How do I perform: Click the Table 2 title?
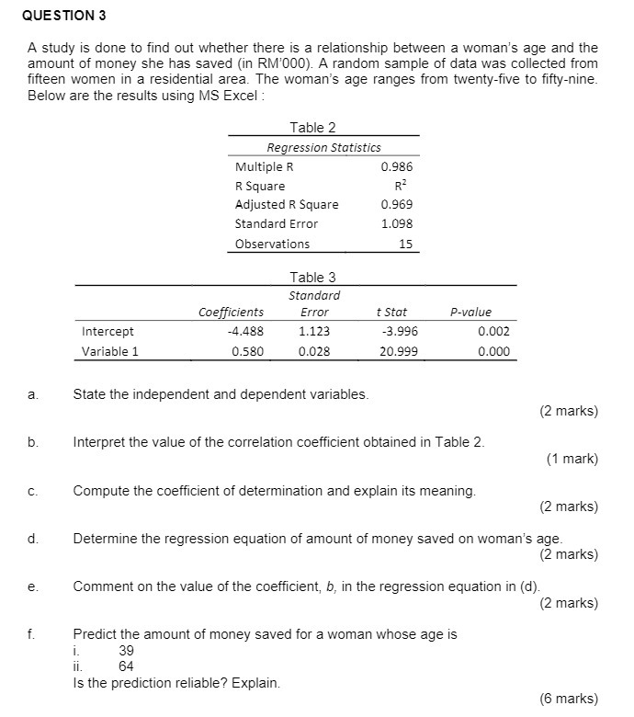(x=312, y=128)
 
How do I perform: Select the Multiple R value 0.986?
(x=396, y=167)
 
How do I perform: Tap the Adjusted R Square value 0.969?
(x=396, y=205)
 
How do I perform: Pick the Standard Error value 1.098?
(x=396, y=224)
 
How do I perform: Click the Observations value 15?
(x=405, y=244)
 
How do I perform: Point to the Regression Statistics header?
(x=323, y=147)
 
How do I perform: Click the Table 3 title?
(x=312, y=277)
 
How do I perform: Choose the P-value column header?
(x=470, y=313)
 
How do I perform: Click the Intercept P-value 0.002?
(x=493, y=332)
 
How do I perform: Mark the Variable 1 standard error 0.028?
(x=314, y=351)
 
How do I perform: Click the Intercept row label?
(x=108, y=332)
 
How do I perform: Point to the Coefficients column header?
(x=231, y=313)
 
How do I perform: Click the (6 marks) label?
(x=568, y=699)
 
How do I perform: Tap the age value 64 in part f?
(x=127, y=666)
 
